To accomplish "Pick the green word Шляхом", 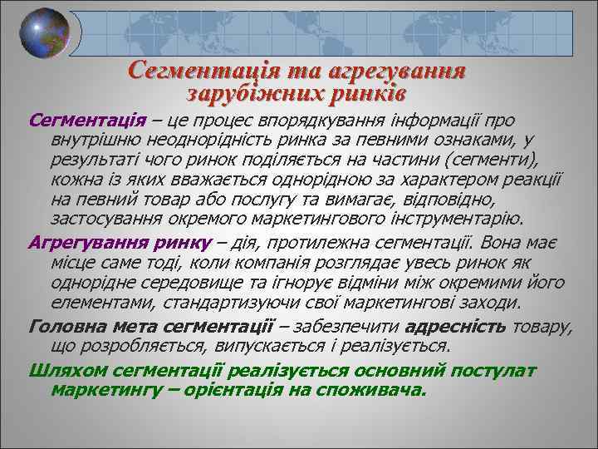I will pos(64,369).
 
